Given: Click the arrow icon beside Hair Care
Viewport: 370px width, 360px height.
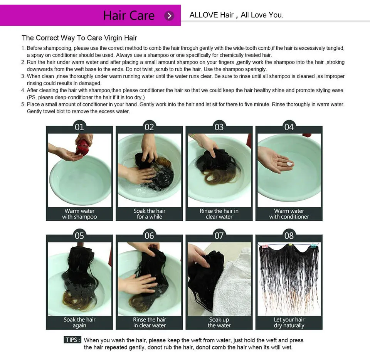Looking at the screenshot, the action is [x=169, y=16].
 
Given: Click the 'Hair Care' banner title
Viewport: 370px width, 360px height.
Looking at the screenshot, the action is [x=129, y=15].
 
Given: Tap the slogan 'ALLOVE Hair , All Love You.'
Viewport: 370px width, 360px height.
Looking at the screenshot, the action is [x=236, y=15].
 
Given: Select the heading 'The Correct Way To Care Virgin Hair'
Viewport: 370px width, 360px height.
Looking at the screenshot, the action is [x=79, y=38].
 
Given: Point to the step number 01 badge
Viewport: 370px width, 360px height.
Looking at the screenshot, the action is [x=79, y=127].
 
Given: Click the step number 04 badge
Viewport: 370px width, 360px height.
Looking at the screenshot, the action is [x=289, y=127].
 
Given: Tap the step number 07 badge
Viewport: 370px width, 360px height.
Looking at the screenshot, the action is [x=219, y=236].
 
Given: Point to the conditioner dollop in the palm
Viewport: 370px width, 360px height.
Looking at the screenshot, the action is [x=289, y=164].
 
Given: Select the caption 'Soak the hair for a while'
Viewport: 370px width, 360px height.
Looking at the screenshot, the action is [x=150, y=214].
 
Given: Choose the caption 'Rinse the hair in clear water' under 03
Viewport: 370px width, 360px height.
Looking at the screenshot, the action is [x=219, y=214].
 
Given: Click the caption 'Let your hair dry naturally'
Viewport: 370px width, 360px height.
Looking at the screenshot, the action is [x=289, y=323].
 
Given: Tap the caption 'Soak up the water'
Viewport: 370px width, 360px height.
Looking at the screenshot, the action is [x=219, y=323].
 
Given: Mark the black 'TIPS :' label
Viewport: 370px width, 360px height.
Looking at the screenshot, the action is [x=72, y=340].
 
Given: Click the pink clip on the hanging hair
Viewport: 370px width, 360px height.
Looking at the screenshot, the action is [x=265, y=246].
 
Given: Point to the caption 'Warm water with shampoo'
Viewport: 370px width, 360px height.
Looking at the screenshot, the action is [x=79, y=214].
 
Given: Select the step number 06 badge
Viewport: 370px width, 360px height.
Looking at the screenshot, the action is [x=149, y=236].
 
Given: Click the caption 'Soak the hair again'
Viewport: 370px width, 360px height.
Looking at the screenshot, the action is [x=79, y=323].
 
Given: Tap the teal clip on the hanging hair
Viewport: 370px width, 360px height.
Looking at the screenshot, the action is [x=314, y=246].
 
